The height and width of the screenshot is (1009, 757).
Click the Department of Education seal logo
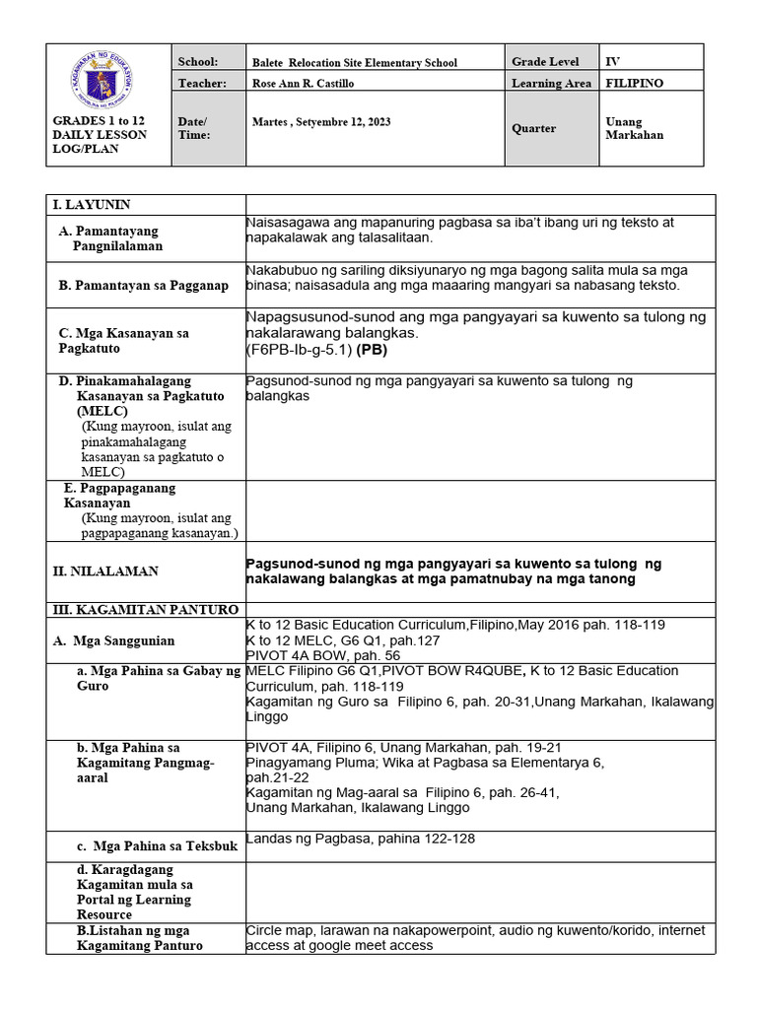107,80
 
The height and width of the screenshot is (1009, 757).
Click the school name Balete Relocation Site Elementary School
355,62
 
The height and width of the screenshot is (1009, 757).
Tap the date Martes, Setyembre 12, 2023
321,122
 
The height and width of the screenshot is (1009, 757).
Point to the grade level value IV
612,61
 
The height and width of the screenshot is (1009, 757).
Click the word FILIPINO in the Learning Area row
634,84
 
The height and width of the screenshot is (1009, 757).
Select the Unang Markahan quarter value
634,128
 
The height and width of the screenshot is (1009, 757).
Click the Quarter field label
533,128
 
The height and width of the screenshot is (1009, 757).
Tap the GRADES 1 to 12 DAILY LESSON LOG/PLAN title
100,134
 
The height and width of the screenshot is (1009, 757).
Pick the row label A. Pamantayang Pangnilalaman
116,238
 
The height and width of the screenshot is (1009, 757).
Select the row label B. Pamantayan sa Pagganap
143,286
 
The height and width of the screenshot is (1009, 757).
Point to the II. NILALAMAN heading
105,572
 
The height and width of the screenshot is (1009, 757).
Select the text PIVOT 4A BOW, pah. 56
322,654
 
